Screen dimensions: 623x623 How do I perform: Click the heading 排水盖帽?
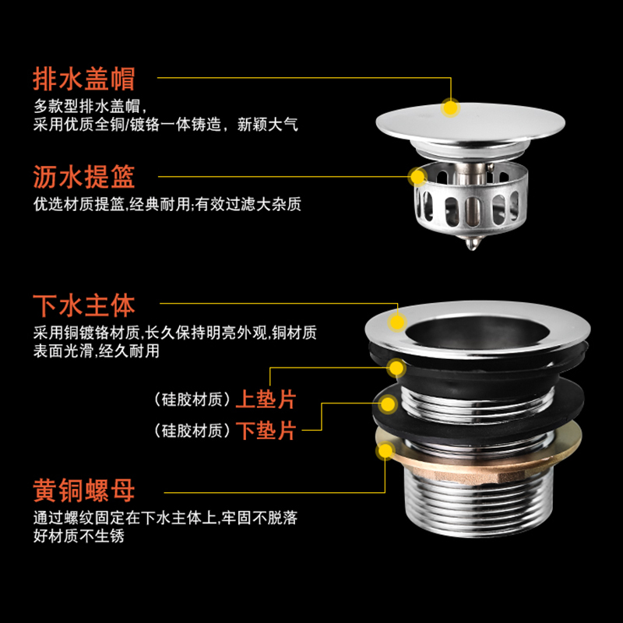(84, 79)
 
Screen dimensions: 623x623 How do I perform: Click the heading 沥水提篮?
(84, 177)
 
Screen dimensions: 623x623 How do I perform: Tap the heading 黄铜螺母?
(84, 491)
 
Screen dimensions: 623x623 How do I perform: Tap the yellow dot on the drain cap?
(449, 107)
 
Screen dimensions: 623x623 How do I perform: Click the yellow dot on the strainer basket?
(418, 176)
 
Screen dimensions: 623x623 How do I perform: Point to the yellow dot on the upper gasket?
(397, 368)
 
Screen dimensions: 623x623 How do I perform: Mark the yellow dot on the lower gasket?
(387, 404)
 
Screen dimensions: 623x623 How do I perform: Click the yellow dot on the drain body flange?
(397, 321)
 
